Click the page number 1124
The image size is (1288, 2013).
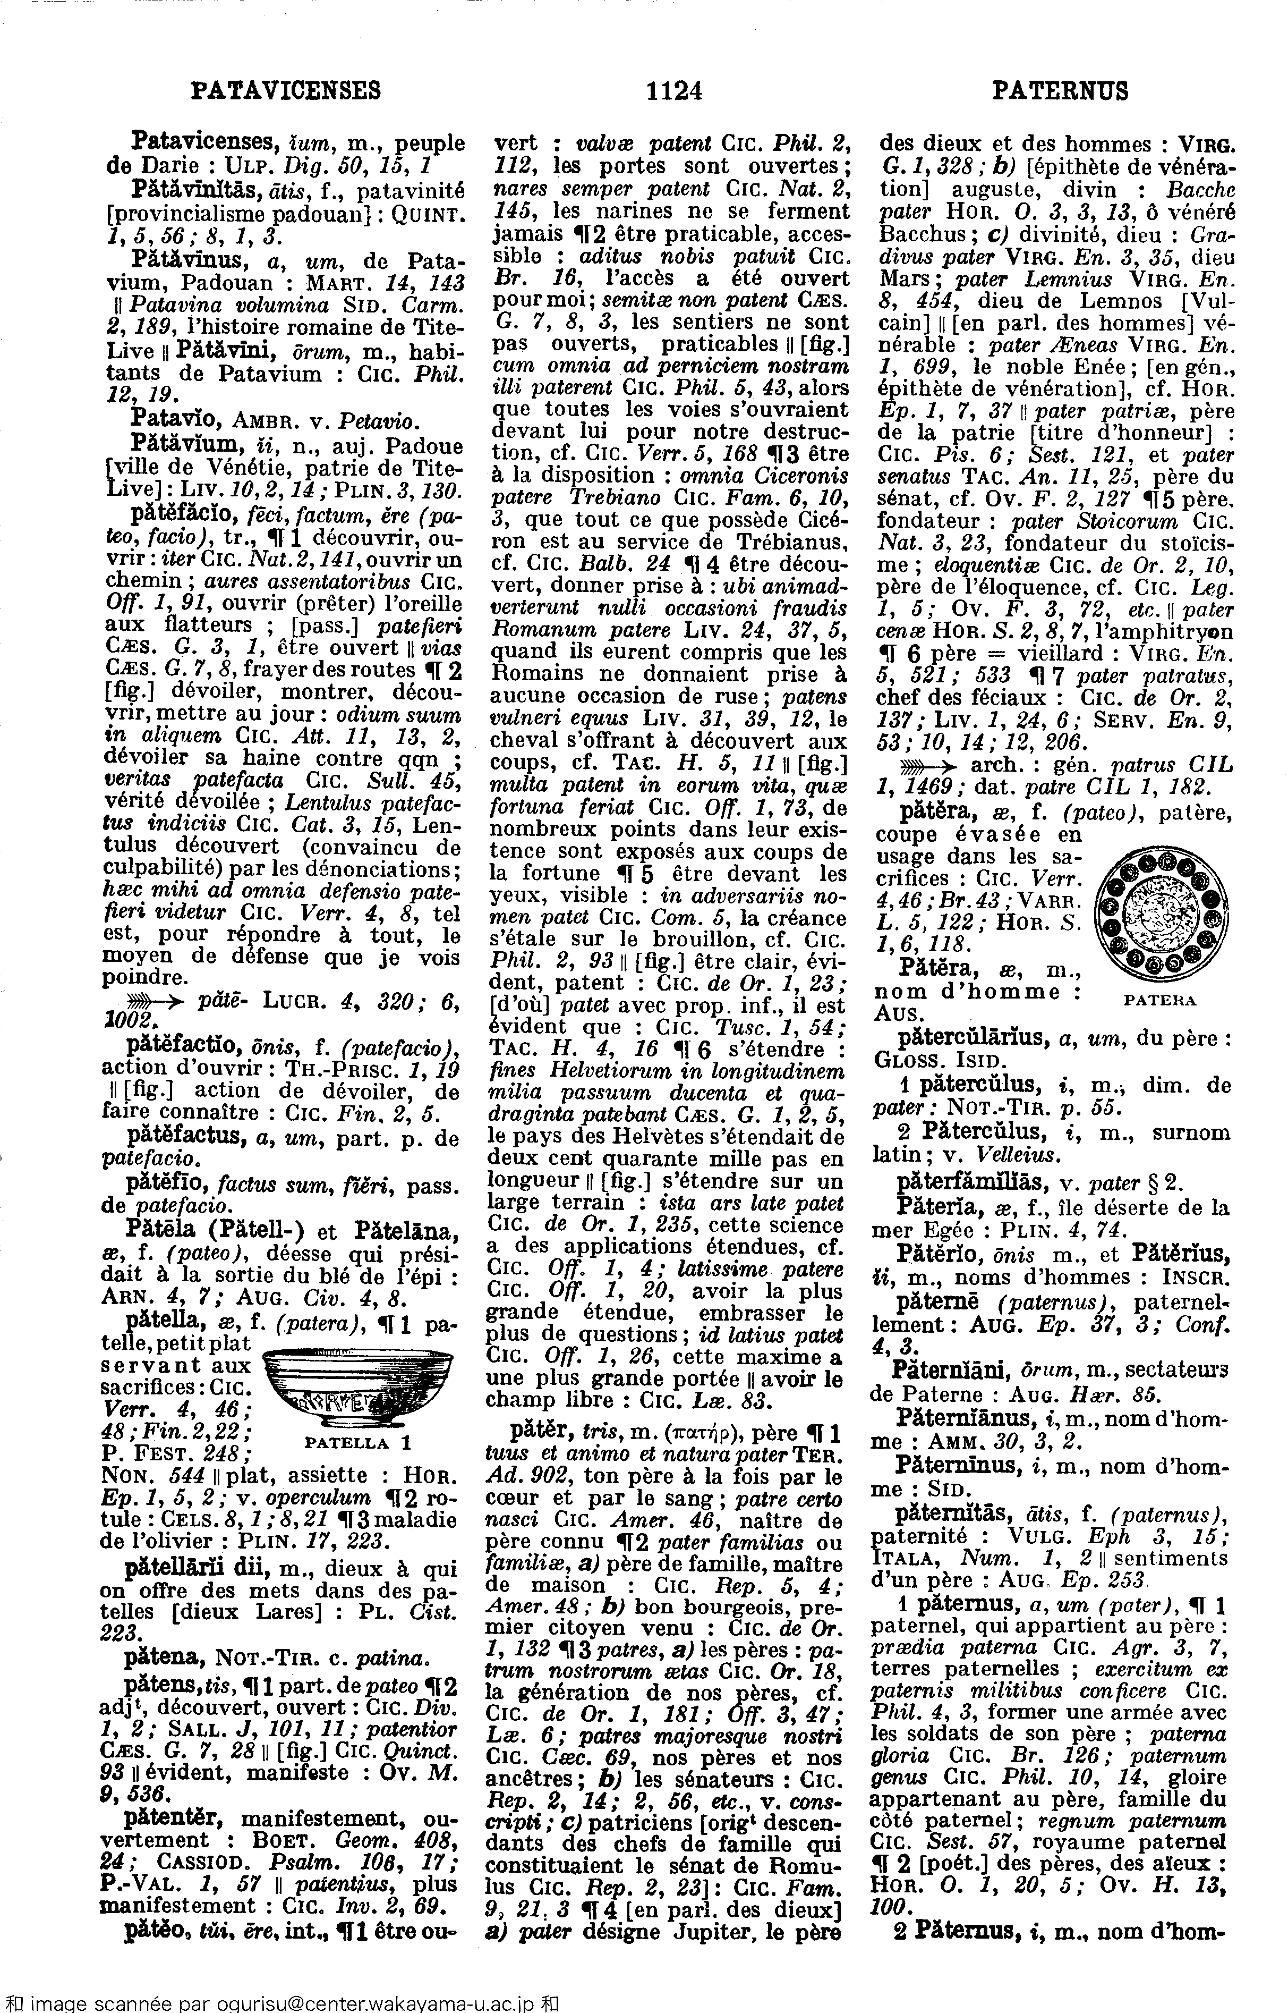(x=673, y=89)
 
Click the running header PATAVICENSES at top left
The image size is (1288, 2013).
(x=286, y=89)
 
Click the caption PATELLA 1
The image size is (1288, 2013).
(x=347, y=1442)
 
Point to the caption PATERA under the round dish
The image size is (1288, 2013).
(x=1157, y=1000)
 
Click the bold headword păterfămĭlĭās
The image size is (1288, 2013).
(x=961, y=1184)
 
